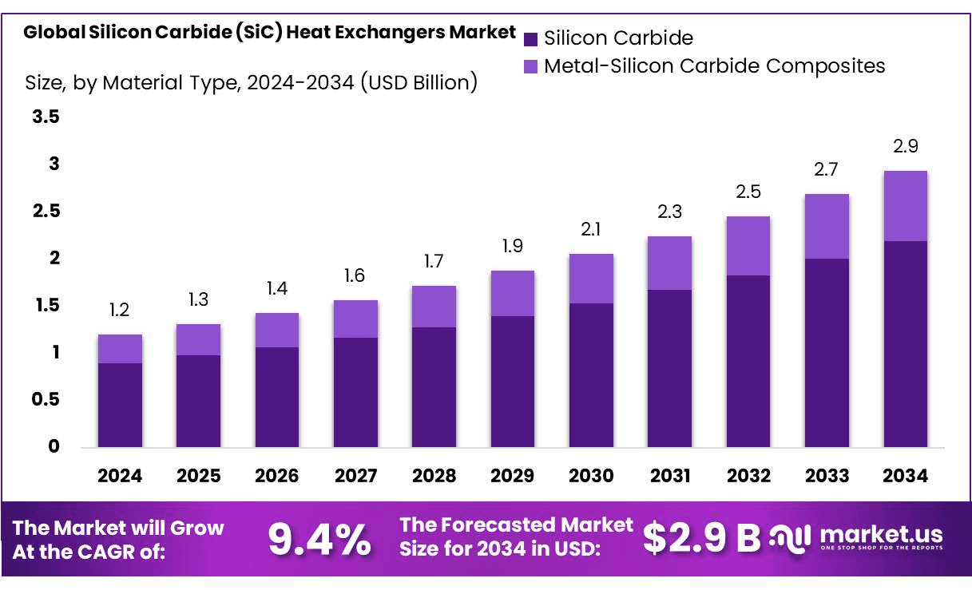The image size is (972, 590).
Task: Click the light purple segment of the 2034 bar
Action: tap(905, 206)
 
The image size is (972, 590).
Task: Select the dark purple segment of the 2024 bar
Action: tap(120, 405)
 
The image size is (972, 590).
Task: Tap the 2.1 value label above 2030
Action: tap(591, 230)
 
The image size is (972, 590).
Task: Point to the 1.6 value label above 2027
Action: tap(355, 276)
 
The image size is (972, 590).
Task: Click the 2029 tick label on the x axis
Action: tap(513, 476)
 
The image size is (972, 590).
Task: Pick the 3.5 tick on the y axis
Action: tap(46, 117)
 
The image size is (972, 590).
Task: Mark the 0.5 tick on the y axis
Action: tap(46, 399)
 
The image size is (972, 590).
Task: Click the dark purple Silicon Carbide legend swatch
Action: tap(530, 38)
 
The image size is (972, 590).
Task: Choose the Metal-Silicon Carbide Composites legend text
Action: tap(714, 65)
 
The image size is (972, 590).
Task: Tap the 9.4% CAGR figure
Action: tap(319, 540)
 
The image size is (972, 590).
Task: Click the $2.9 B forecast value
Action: tap(701, 538)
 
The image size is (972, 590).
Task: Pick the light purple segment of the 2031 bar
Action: tap(669, 263)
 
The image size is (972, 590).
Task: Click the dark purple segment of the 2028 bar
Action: tap(434, 386)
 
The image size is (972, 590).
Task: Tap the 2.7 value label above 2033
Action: tap(827, 170)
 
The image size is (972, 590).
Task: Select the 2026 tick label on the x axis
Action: tap(277, 476)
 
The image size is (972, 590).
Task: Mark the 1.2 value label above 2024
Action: tap(120, 310)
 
